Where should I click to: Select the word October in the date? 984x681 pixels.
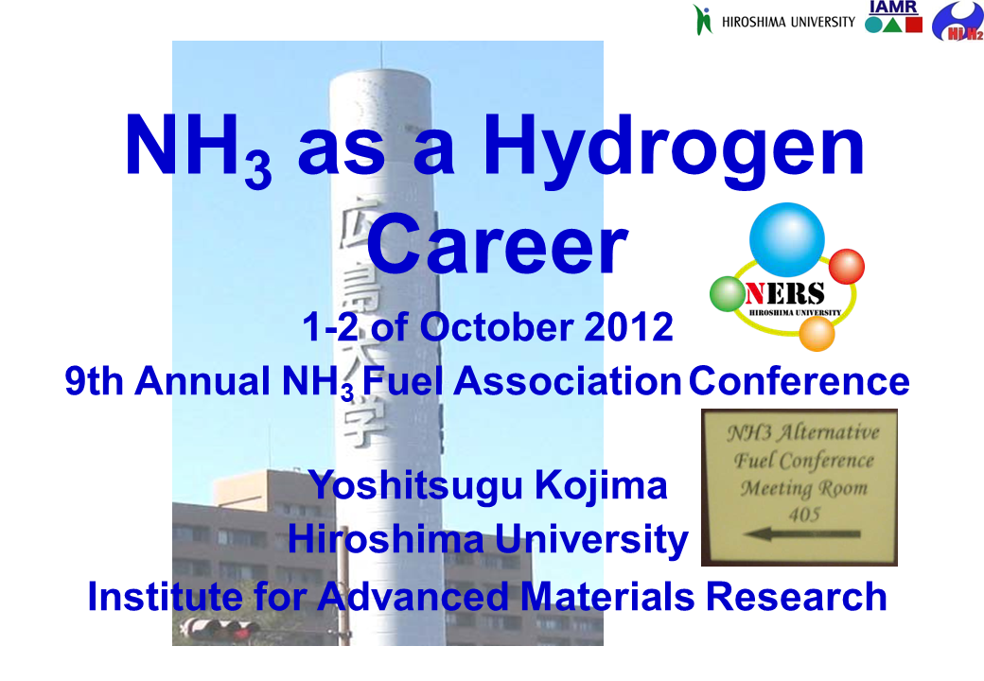(x=491, y=327)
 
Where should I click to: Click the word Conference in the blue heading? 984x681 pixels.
(x=799, y=381)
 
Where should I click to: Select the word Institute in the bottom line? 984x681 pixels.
(x=155, y=597)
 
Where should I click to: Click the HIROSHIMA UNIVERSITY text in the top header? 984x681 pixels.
(x=788, y=22)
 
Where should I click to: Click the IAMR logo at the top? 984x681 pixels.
(x=893, y=18)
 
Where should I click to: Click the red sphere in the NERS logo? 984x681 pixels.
(x=846, y=266)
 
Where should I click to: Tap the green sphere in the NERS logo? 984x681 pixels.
(x=727, y=293)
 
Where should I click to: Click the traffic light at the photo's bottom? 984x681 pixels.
(x=220, y=628)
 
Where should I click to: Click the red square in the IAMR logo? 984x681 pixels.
(x=913, y=25)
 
